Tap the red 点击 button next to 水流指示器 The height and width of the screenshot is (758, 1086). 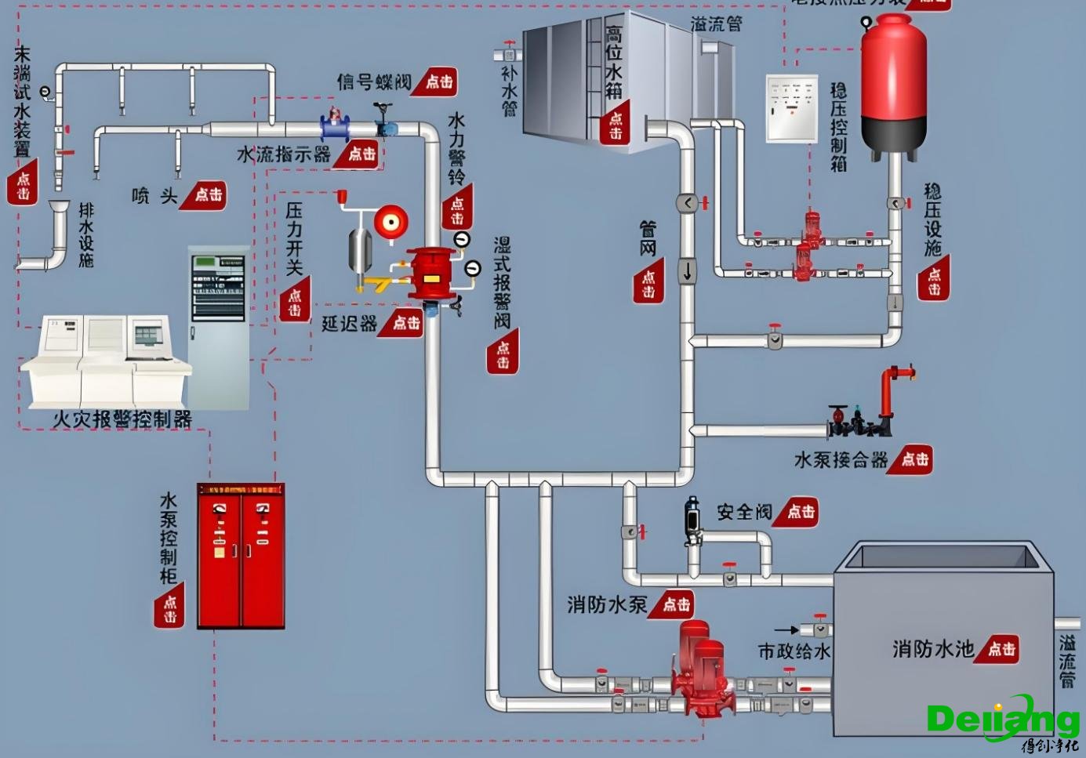point(361,154)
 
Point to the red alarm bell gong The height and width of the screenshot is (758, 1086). point(390,222)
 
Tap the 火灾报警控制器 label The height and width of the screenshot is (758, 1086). point(122,419)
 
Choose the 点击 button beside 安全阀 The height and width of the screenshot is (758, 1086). point(800,512)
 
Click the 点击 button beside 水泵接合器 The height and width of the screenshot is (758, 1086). point(914,459)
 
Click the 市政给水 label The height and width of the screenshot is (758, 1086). point(794,651)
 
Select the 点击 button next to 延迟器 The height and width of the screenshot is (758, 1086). point(405,322)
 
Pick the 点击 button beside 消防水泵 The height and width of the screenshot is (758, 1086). point(675,604)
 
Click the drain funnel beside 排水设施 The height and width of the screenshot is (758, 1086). point(59,210)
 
